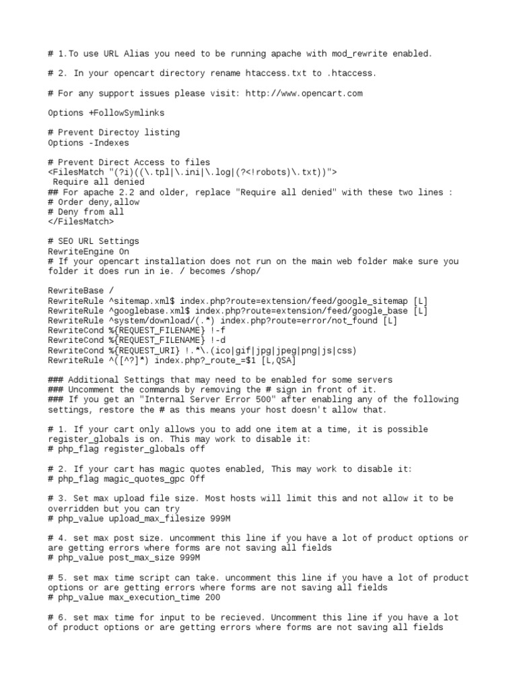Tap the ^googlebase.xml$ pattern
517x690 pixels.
point(149,311)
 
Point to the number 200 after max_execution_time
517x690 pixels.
point(210,598)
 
